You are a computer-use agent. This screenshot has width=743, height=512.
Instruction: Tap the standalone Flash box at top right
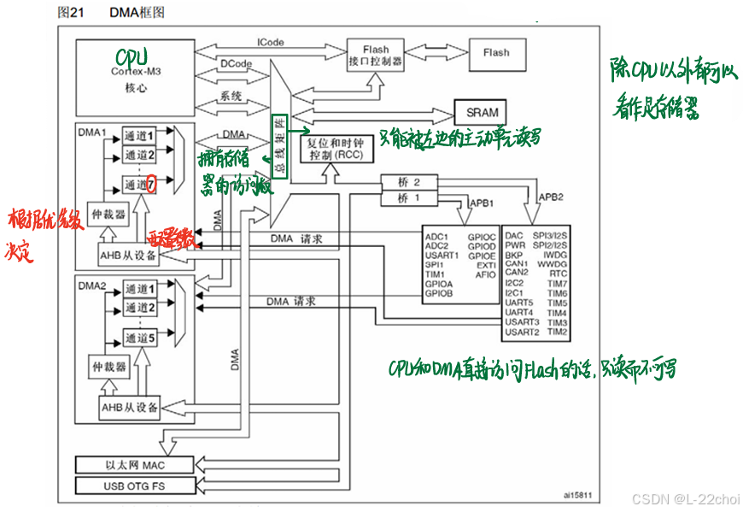[495, 53]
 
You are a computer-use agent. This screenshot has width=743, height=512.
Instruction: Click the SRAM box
[481, 112]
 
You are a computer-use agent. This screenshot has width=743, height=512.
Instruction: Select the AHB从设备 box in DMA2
[130, 408]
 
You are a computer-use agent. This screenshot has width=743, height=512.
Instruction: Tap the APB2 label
[550, 197]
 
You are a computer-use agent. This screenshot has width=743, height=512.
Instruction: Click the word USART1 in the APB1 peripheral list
[442, 254]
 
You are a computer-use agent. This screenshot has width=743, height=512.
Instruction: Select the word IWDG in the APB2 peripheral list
[556, 254]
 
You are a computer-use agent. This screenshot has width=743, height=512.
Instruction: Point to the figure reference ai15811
[577, 494]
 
